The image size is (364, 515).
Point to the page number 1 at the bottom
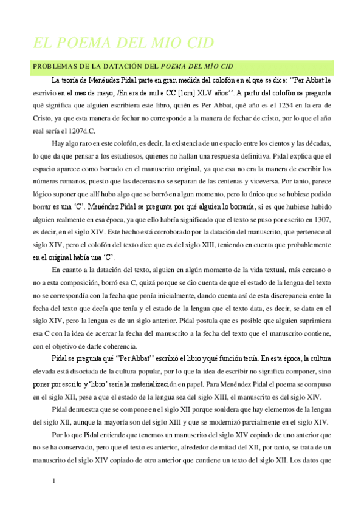pyautogui.click(x=37, y=482)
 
